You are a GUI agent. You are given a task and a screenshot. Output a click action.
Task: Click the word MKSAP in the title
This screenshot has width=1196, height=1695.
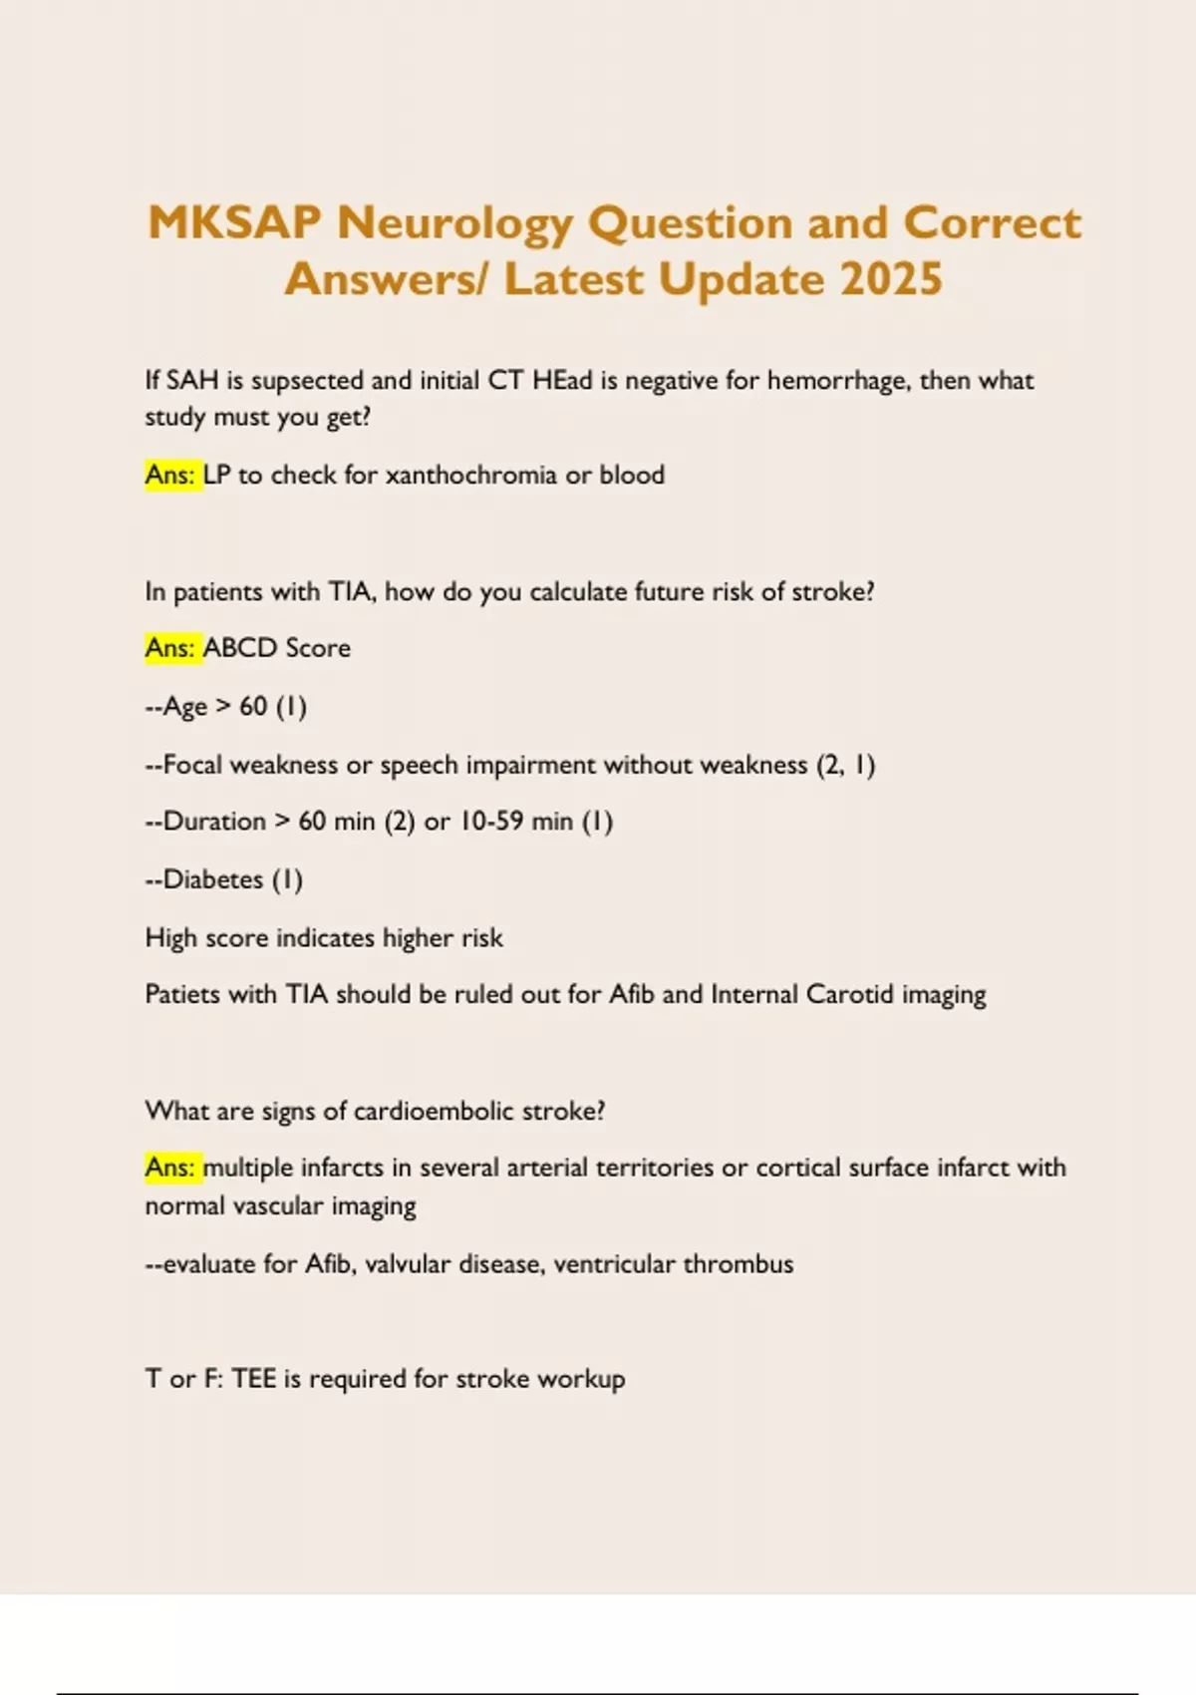[x=234, y=222]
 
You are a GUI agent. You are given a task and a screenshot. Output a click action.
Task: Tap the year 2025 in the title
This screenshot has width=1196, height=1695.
[x=891, y=279]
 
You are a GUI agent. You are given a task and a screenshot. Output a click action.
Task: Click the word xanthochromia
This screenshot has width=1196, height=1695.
[x=470, y=475]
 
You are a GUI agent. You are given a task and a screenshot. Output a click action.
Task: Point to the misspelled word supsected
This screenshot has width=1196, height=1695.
[x=307, y=381]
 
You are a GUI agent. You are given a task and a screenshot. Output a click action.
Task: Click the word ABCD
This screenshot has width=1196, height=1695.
[x=240, y=648]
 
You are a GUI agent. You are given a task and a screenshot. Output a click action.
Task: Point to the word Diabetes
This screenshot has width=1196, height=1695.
[x=212, y=879]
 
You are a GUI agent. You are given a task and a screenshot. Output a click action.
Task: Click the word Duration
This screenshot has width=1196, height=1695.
[x=214, y=822]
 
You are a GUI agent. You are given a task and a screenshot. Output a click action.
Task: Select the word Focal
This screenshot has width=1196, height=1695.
[x=192, y=765]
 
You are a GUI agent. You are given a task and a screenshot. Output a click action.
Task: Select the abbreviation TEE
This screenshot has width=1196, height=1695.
[x=253, y=1379]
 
